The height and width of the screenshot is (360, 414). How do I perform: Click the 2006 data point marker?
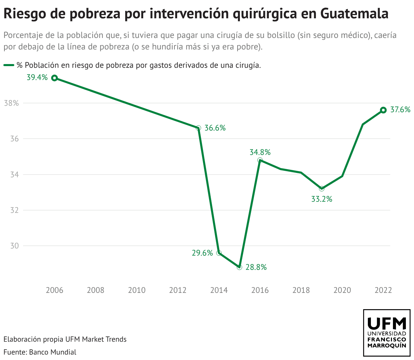coord(54,78)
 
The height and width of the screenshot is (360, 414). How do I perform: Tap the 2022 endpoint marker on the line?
coord(383,110)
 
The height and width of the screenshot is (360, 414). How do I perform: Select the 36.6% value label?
coord(215,128)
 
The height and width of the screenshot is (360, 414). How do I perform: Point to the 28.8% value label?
coord(256,267)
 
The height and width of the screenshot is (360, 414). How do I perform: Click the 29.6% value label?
coord(202,253)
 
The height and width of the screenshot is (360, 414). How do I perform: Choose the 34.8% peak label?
coord(260,152)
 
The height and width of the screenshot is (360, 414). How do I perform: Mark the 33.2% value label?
coord(321,199)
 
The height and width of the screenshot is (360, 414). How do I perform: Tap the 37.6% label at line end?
coord(400,109)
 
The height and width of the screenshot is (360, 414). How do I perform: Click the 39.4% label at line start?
coord(37,78)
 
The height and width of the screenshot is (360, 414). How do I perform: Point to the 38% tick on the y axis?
coord(11,103)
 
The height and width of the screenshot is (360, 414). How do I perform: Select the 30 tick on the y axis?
coord(14,246)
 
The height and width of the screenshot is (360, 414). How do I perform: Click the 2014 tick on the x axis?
coord(219,290)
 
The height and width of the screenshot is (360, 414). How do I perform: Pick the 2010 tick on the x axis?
coord(137,290)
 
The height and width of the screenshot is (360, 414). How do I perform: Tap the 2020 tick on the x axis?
coord(342,290)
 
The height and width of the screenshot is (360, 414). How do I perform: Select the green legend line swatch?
coord(9,65)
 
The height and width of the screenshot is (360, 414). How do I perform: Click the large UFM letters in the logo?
coord(387,324)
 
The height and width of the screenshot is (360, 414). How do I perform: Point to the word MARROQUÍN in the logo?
coord(387,346)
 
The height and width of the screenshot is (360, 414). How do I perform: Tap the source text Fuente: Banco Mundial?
coord(40,352)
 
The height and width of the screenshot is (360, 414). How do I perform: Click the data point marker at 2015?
coord(239,267)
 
